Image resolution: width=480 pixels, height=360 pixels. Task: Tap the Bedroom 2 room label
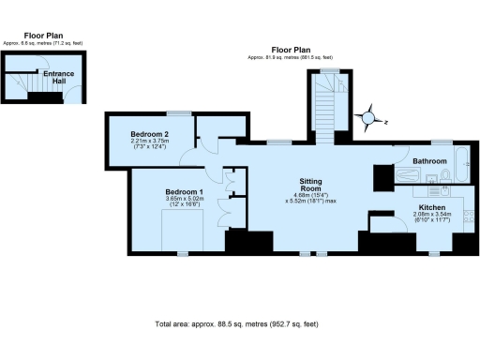149,135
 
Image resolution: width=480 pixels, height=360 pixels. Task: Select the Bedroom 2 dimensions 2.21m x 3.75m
149,143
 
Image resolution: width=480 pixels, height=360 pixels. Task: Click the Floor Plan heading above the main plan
291,50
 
